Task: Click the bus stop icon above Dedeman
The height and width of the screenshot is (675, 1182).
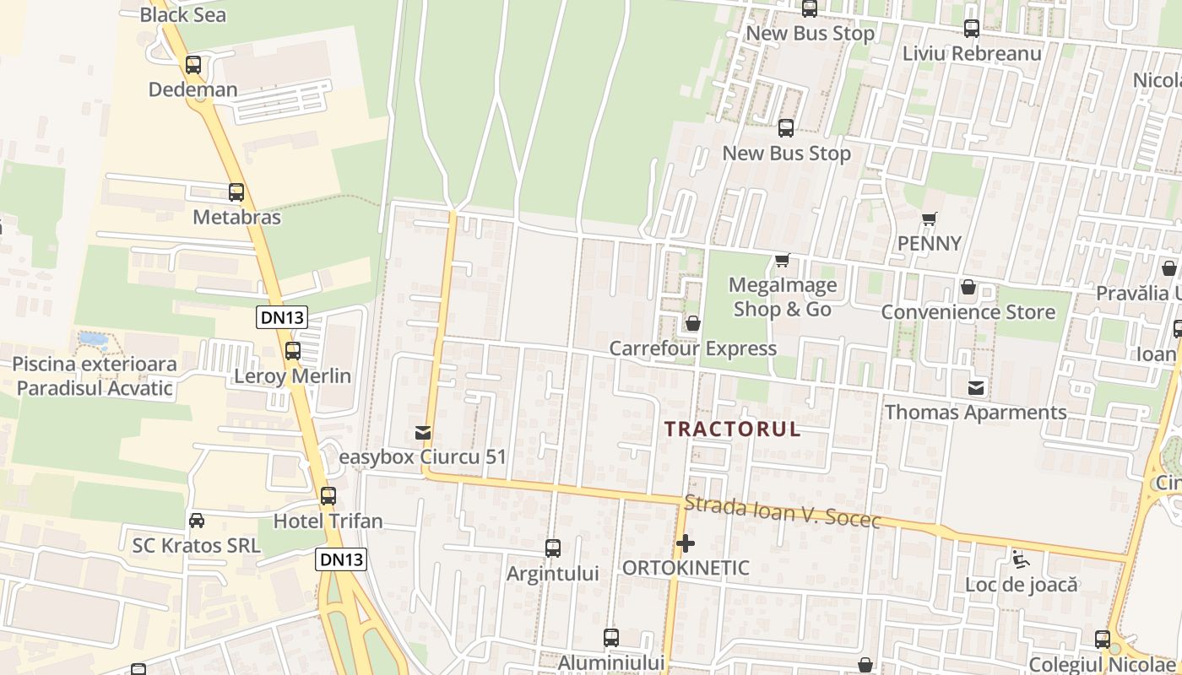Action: point(193,64)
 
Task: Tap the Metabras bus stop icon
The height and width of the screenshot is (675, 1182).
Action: point(236,192)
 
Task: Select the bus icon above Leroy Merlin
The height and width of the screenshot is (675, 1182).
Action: point(293,351)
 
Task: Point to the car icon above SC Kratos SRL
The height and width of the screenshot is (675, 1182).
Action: point(197,521)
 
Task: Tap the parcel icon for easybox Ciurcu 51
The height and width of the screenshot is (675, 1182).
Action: point(423,433)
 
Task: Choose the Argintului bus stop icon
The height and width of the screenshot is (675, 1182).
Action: point(553,548)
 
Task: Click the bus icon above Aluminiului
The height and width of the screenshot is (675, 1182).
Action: point(611,638)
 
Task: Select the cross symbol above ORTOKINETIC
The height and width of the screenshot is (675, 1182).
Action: point(686,543)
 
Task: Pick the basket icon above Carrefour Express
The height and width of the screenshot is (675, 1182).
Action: point(693,323)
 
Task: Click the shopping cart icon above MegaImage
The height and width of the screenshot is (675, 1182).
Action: point(783,260)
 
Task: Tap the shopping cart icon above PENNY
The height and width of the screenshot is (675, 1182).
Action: point(930,219)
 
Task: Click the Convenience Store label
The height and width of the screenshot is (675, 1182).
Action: point(968,312)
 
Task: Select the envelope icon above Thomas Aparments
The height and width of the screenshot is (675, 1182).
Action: point(976,387)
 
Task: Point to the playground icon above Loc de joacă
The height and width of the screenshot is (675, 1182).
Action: point(1021,559)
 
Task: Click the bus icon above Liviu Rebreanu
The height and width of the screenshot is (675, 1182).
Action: point(972,29)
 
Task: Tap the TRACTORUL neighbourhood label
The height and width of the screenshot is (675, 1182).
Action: point(732,429)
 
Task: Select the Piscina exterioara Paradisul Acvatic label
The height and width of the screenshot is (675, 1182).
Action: point(95,376)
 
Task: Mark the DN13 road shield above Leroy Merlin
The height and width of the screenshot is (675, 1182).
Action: point(281,317)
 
